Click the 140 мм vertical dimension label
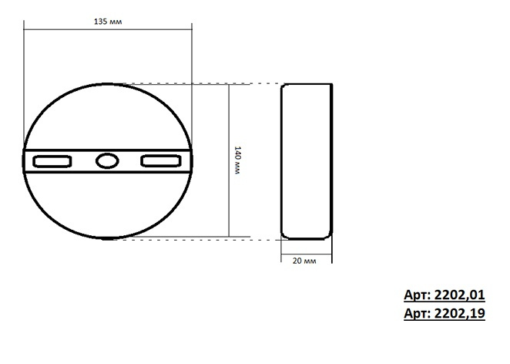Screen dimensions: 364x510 tap(241, 161)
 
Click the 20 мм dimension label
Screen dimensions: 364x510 tap(306, 261)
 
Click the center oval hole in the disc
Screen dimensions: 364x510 tap(107, 161)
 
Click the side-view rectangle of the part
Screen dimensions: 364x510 tap(306, 160)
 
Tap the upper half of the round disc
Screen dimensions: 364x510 tap(107, 116)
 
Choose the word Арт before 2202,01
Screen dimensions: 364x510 tap(415, 295)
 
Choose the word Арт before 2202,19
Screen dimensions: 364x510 tap(415, 314)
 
